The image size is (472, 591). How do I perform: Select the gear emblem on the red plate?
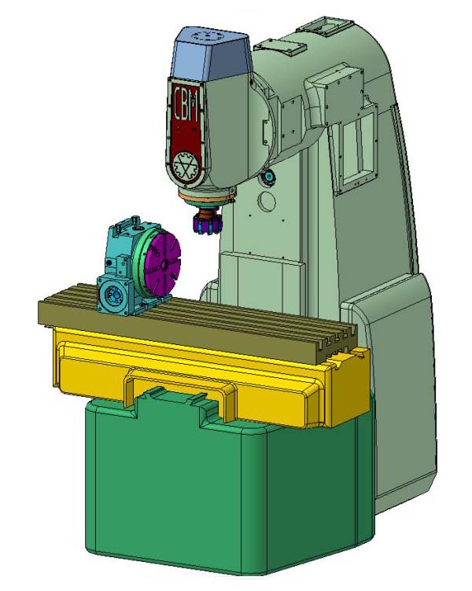[x=185, y=166]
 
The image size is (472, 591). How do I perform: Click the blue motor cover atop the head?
[x=210, y=56]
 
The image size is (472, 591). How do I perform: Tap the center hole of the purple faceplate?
[x=164, y=266]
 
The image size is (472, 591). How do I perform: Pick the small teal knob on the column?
[x=268, y=175]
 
